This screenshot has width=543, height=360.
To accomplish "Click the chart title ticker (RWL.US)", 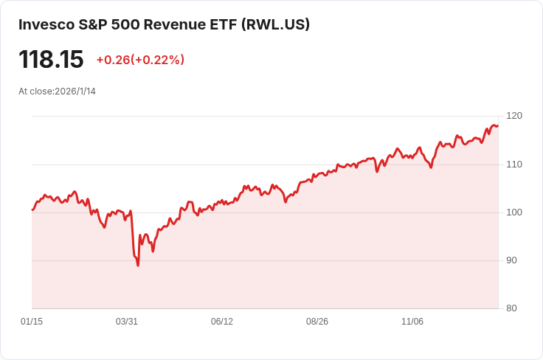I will [275, 24].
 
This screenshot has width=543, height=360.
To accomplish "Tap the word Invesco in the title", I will [46, 24].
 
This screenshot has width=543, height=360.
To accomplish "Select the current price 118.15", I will [51, 60].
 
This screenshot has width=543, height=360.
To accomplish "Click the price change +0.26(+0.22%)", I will [140, 60].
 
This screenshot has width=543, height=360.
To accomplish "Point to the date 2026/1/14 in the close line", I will [75, 91].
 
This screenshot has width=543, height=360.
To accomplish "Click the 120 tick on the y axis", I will [514, 116].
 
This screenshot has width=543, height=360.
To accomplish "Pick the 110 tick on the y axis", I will [514, 164].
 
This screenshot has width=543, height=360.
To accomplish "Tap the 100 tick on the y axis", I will [514, 212].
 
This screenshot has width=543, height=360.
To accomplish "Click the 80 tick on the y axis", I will [511, 308].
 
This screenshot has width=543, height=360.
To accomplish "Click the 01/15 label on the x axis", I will [32, 322].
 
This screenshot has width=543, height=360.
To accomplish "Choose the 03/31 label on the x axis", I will [127, 322].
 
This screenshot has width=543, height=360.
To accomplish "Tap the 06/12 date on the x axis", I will [222, 322].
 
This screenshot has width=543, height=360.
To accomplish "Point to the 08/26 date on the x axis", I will [317, 322].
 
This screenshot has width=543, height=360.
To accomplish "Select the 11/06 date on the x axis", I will [412, 322].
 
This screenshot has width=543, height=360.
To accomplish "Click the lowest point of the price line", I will [138, 265].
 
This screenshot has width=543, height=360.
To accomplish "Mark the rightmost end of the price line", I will [498, 125].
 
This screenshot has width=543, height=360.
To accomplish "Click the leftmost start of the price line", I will [32, 210].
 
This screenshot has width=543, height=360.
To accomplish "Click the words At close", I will [35, 91].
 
